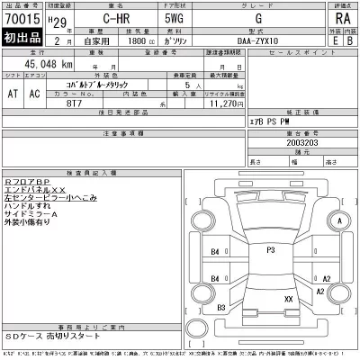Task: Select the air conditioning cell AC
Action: pyautogui.click(x=37, y=92)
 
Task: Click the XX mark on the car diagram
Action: pyautogui.click(x=288, y=297)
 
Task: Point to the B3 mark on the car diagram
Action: pyautogui.click(x=222, y=308)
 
